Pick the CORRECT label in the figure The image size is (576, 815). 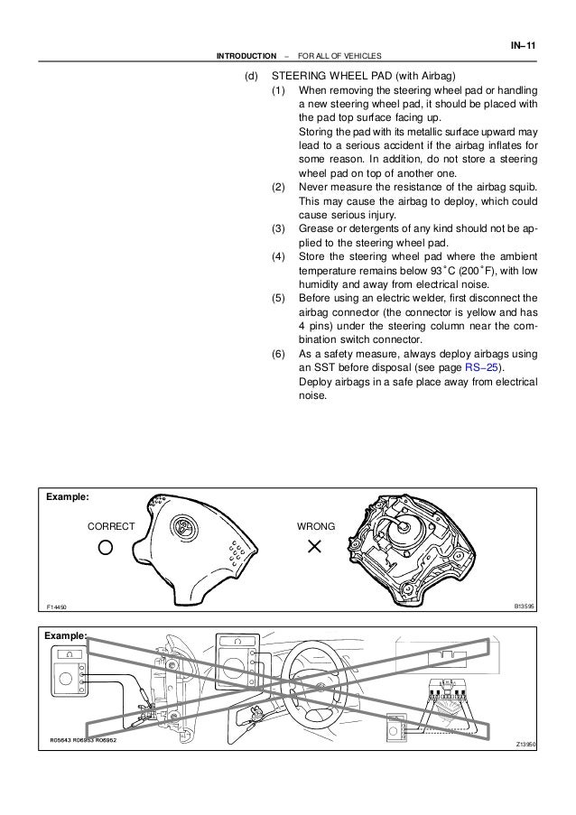[x=110, y=524]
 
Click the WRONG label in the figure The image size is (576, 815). [x=316, y=524]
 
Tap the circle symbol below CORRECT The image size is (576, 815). [x=107, y=547]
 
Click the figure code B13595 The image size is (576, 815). [x=524, y=608]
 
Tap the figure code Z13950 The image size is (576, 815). [x=525, y=744]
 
